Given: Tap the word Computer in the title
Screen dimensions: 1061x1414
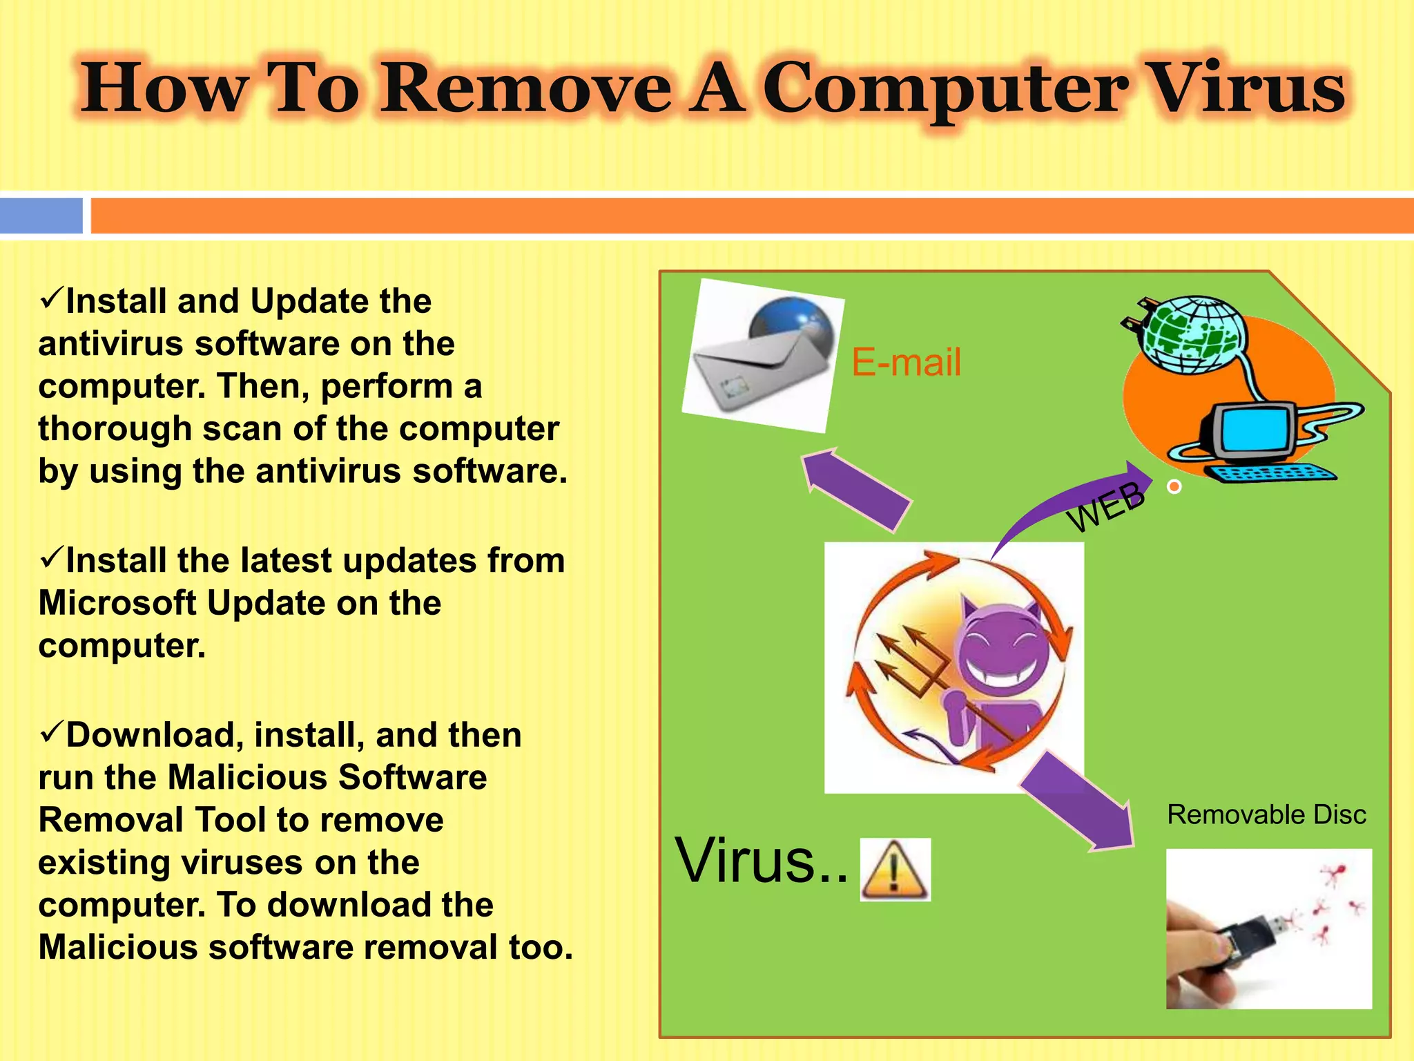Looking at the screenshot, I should pos(946,90).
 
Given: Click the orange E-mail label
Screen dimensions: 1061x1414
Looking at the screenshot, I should pos(906,362).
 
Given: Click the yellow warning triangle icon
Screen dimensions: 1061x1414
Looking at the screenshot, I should pos(895,870).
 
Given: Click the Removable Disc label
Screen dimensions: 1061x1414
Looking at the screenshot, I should pos(1266,815).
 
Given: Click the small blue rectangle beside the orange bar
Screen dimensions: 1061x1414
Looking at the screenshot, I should pos(41,216).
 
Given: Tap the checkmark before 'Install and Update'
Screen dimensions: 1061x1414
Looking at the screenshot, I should pos(51,298).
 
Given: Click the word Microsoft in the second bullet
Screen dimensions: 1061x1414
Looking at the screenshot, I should pos(117,603).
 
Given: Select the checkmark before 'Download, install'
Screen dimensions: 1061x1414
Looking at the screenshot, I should pos(51,732).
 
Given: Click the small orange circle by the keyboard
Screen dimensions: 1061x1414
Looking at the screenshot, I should pos(1174,487).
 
